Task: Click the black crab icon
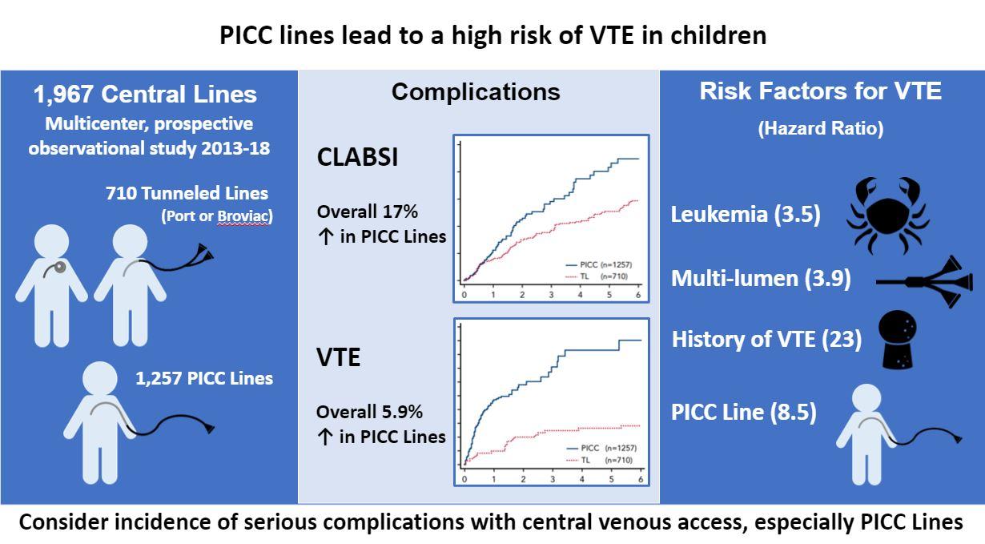point(888,216)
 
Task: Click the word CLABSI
point(357,157)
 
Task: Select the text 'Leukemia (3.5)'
point(746,215)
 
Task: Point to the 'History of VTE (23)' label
point(766,340)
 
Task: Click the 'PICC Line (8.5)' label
point(744,413)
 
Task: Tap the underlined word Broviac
point(243,216)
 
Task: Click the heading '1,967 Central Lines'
point(145,94)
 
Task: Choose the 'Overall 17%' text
point(368,212)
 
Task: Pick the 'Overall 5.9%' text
point(369,412)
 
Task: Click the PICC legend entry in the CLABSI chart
point(599,264)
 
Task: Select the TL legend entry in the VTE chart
point(600,460)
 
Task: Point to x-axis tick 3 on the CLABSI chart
point(551,295)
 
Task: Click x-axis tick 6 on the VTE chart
point(641,479)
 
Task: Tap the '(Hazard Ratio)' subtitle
point(821,128)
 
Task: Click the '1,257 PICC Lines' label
point(204,378)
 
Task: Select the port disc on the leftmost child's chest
point(60,267)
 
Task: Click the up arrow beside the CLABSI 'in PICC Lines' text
point(325,237)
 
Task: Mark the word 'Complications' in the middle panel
point(476,92)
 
